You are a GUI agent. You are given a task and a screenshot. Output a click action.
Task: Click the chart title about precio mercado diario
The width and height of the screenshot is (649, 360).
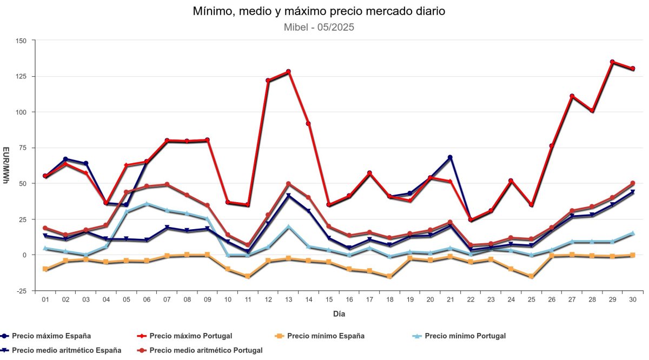point(319,11)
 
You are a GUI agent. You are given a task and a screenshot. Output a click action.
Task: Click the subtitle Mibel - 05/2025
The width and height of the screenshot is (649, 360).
point(319,26)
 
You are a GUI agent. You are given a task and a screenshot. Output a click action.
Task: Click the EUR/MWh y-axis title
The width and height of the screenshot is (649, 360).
point(6,165)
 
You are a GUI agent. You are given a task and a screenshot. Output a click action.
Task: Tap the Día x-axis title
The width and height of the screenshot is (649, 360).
point(339,314)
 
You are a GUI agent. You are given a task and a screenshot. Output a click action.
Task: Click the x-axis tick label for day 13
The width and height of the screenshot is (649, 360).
point(288,299)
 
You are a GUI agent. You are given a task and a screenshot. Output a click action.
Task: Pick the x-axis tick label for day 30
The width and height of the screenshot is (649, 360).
point(632,299)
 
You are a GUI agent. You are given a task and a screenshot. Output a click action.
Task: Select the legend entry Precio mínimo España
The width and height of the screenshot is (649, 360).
point(326,336)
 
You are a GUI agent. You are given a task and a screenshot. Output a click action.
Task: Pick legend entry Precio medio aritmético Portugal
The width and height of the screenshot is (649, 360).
point(206,350)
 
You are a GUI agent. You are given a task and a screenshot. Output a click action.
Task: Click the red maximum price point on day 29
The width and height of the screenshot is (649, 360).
point(612,62)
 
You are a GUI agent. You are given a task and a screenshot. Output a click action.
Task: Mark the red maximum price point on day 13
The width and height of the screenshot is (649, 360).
point(288,71)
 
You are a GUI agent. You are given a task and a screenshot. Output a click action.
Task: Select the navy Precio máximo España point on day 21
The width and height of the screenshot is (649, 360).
point(450,157)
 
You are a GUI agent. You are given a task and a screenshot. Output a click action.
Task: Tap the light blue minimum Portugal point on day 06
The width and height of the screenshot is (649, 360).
point(147,204)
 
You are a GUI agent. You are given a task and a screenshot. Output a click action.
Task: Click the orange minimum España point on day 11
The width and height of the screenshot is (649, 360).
point(248,276)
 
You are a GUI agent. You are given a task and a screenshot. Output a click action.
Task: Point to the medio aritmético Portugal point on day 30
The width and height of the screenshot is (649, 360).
point(632,183)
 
